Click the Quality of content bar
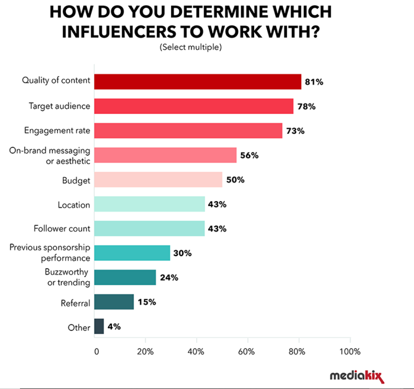click(197, 82)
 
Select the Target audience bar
click(194, 106)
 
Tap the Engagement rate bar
click(188, 131)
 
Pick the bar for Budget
click(158, 180)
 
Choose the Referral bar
click(114, 302)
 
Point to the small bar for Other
click(99, 326)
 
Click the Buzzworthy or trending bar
click(125, 277)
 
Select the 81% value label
click(314, 82)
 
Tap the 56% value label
click(250, 156)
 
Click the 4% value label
click(114, 327)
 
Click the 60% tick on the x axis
click(247, 351)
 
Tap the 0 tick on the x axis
click(96, 351)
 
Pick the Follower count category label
click(62, 229)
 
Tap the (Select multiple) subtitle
click(191, 47)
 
